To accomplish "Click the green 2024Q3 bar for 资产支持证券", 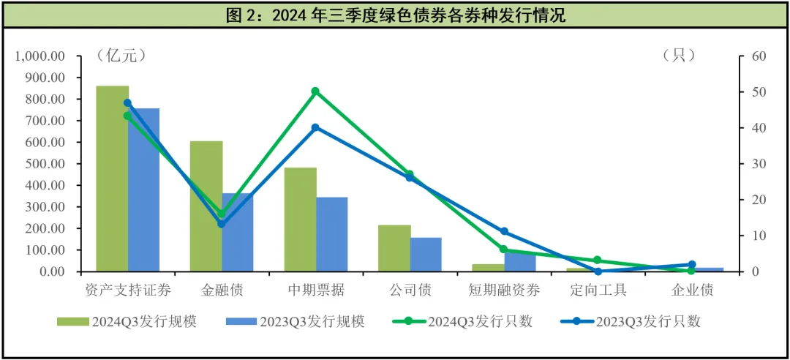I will pos(113,179).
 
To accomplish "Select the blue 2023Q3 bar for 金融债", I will pos(238,233).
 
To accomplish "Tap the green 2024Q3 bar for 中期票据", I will pos(300,220).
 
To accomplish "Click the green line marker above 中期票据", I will pos(315,91).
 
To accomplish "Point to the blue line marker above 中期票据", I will pos(315,127).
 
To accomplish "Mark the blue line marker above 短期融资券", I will pos(504,231).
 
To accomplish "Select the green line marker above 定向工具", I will pos(598,260).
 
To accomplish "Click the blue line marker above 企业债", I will pos(692,264).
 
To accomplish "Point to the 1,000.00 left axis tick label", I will pos(40,56).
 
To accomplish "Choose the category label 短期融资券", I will pos(504,290).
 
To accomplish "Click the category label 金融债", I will pos(222,290).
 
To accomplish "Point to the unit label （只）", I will pos(678,56).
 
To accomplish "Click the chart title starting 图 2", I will pos(395,15).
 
